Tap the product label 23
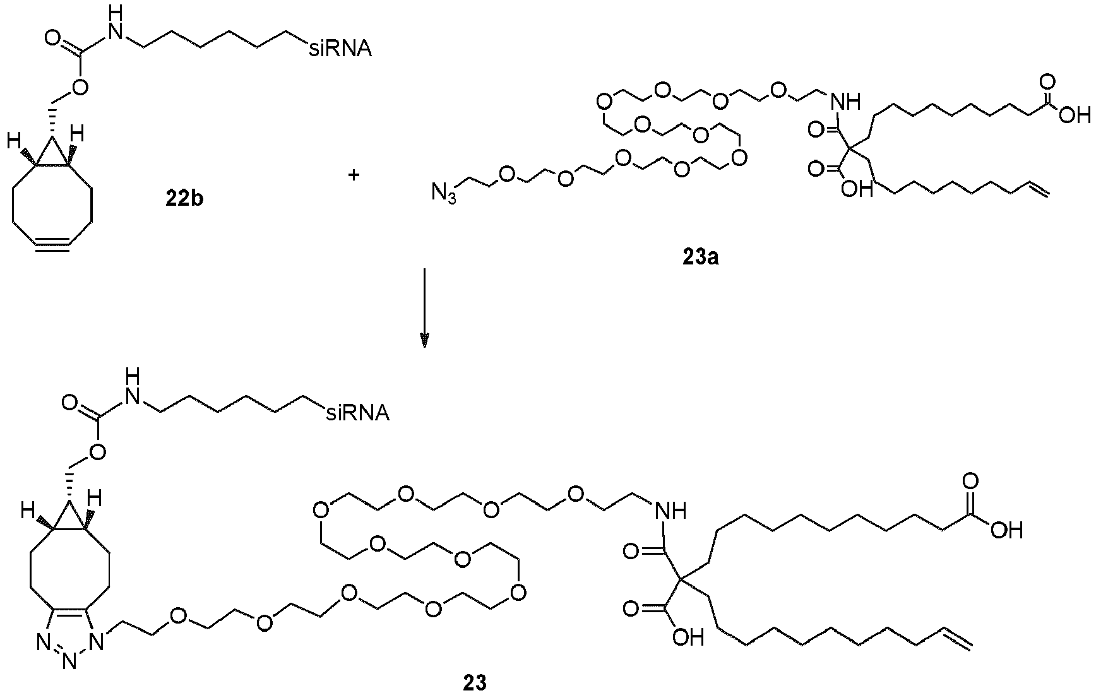474,682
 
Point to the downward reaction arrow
425,307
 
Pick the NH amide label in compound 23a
845,100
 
